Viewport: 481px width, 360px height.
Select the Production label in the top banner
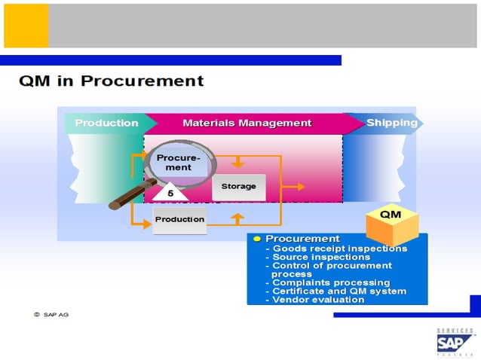coord(106,123)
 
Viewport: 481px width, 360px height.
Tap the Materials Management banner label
coord(247,123)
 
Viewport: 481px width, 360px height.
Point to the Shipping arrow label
coord(391,123)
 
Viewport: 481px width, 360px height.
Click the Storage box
coord(238,186)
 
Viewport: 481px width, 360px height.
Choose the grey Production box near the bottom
coord(179,219)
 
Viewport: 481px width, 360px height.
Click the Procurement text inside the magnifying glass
coord(179,163)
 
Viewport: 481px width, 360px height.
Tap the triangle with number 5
coord(170,193)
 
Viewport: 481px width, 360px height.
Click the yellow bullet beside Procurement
coord(256,239)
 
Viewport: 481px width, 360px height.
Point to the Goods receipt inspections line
coord(339,249)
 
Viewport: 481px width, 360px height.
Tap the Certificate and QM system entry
coord(339,291)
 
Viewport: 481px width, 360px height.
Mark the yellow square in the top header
coord(26,25)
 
